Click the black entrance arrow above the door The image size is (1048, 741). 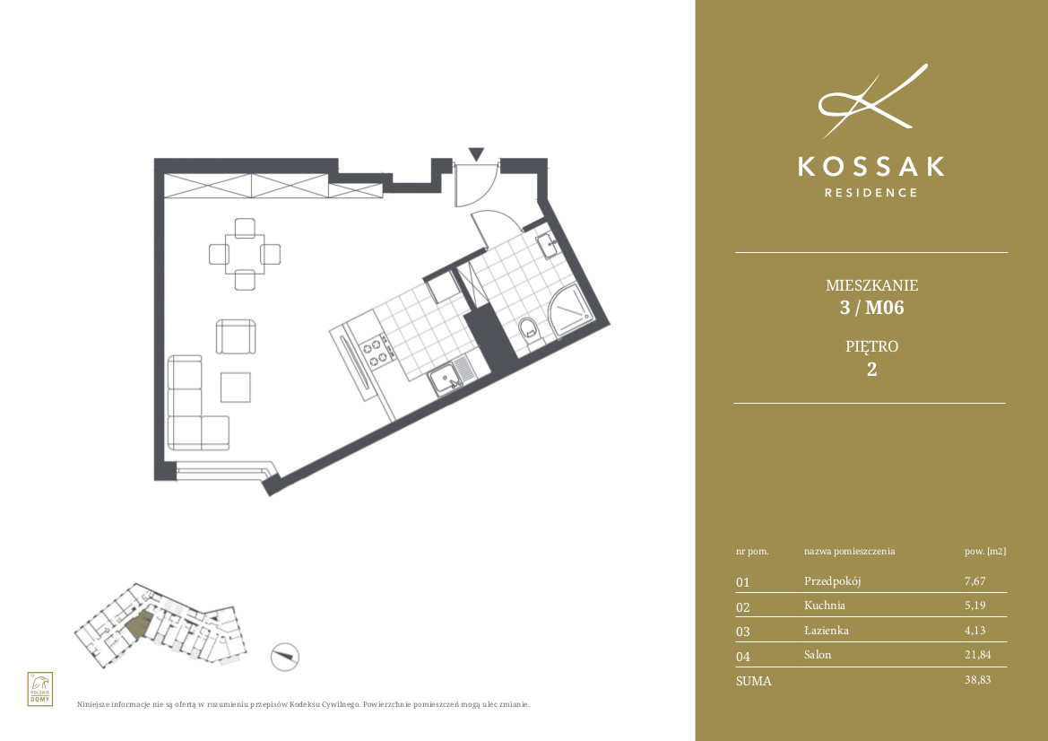coord(476,154)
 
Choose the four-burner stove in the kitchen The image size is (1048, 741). coord(376,353)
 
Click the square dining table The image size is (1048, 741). coord(245,254)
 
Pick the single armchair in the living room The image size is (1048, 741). coord(235,336)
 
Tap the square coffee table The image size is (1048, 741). coord(235,388)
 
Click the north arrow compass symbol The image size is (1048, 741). coord(285,657)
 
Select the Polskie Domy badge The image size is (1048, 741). coord(40,689)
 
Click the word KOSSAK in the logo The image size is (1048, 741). coord(871,167)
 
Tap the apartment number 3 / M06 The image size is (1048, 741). coord(871,308)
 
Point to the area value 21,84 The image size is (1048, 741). coord(977,655)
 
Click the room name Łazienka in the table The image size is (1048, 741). coord(826,630)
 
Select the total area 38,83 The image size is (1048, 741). coord(977,679)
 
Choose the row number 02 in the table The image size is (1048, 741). coord(742,607)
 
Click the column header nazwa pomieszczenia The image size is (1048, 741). coord(849,552)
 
